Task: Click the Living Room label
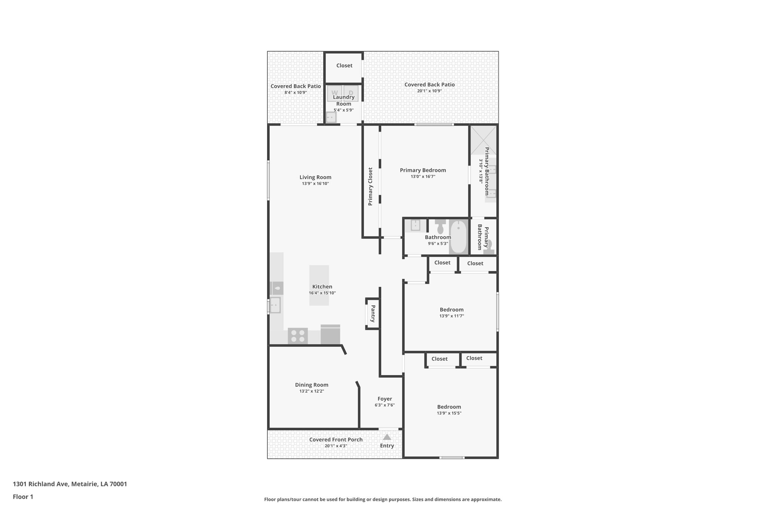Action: [x=315, y=177]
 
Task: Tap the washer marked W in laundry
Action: [x=335, y=93]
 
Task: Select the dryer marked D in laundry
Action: [x=351, y=93]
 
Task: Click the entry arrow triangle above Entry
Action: [x=387, y=437]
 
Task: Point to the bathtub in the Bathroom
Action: [x=458, y=237]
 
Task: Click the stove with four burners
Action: [x=298, y=336]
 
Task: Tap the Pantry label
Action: [x=373, y=313]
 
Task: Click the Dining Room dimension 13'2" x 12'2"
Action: [x=312, y=391]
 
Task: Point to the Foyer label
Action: [x=384, y=399]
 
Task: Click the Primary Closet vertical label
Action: [x=370, y=186]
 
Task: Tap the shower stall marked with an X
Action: [x=483, y=140]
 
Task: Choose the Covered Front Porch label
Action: [x=336, y=439]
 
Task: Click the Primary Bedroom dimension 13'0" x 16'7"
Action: [x=423, y=176]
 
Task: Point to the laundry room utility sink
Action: [x=331, y=117]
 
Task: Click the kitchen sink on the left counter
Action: [x=275, y=305]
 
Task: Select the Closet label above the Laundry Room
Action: [x=344, y=65]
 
